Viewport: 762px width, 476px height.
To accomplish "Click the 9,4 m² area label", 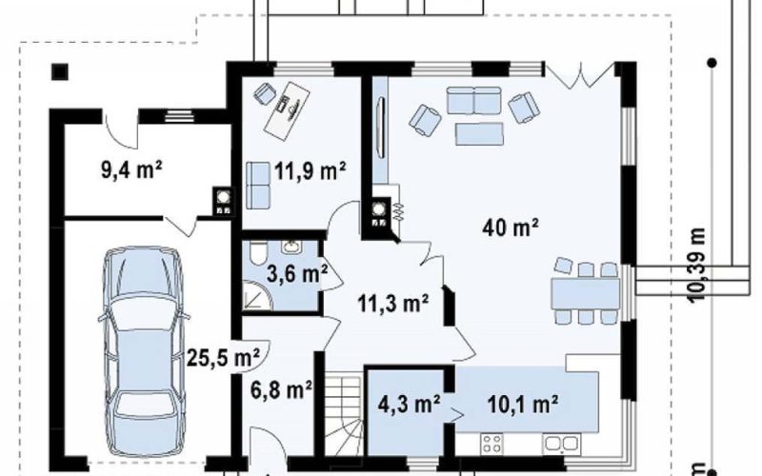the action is click(131, 170).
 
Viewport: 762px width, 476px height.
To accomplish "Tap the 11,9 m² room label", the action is click(311, 171).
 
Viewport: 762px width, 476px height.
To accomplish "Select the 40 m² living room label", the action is click(511, 228).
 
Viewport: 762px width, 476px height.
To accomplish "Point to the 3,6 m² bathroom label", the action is click(297, 274).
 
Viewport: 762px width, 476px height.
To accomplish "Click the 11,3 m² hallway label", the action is click(392, 304).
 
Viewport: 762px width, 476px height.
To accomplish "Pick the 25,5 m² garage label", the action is click(223, 359).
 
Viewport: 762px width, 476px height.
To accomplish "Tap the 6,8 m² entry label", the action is click(281, 389).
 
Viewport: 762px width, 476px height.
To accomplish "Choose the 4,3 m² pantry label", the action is click(410, 403).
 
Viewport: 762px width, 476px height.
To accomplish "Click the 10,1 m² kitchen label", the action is click(522, 403).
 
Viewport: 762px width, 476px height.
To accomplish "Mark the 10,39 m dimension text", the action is click(697, 265).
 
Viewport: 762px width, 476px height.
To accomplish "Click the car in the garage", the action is click(143, 351).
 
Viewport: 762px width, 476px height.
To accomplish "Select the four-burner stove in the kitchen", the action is click(491, 444).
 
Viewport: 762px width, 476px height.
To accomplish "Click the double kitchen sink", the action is click(561, 444).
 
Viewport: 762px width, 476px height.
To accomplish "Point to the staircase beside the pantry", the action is click(343, 415).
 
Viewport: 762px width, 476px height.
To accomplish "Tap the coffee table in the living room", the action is click(479, 134).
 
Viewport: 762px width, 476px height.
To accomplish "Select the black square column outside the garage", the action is click(60, 72).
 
